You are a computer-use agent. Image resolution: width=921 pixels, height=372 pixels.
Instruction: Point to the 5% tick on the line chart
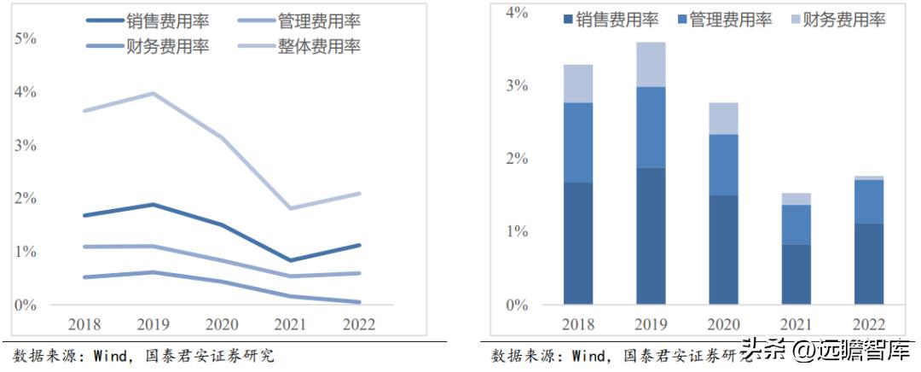click(x=26, y=38)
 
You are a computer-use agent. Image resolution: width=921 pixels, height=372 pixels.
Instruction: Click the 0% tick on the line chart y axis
click(x=26, y=305)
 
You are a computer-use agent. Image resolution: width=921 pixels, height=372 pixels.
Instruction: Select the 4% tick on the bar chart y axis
click(x=517, y=14)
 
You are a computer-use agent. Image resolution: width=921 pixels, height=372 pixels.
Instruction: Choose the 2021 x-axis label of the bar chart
click(x=796, y=325)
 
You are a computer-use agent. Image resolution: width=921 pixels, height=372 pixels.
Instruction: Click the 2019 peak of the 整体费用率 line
click(x=152, y=93)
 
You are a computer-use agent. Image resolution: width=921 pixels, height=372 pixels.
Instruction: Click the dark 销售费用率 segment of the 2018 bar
click(x=578, y=243)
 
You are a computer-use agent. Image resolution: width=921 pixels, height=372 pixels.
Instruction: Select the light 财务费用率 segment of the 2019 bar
click(x=651, y=64)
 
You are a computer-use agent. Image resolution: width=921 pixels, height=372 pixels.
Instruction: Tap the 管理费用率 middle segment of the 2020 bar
click(x=723, y=165)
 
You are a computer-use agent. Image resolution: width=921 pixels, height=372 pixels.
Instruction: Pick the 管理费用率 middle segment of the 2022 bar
click(x=868, y=201)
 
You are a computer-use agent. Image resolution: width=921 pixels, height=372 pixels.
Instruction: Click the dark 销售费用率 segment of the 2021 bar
click(x=796, y=274)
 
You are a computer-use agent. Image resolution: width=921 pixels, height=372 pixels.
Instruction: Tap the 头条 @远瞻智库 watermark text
click(x=827, y=351)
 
